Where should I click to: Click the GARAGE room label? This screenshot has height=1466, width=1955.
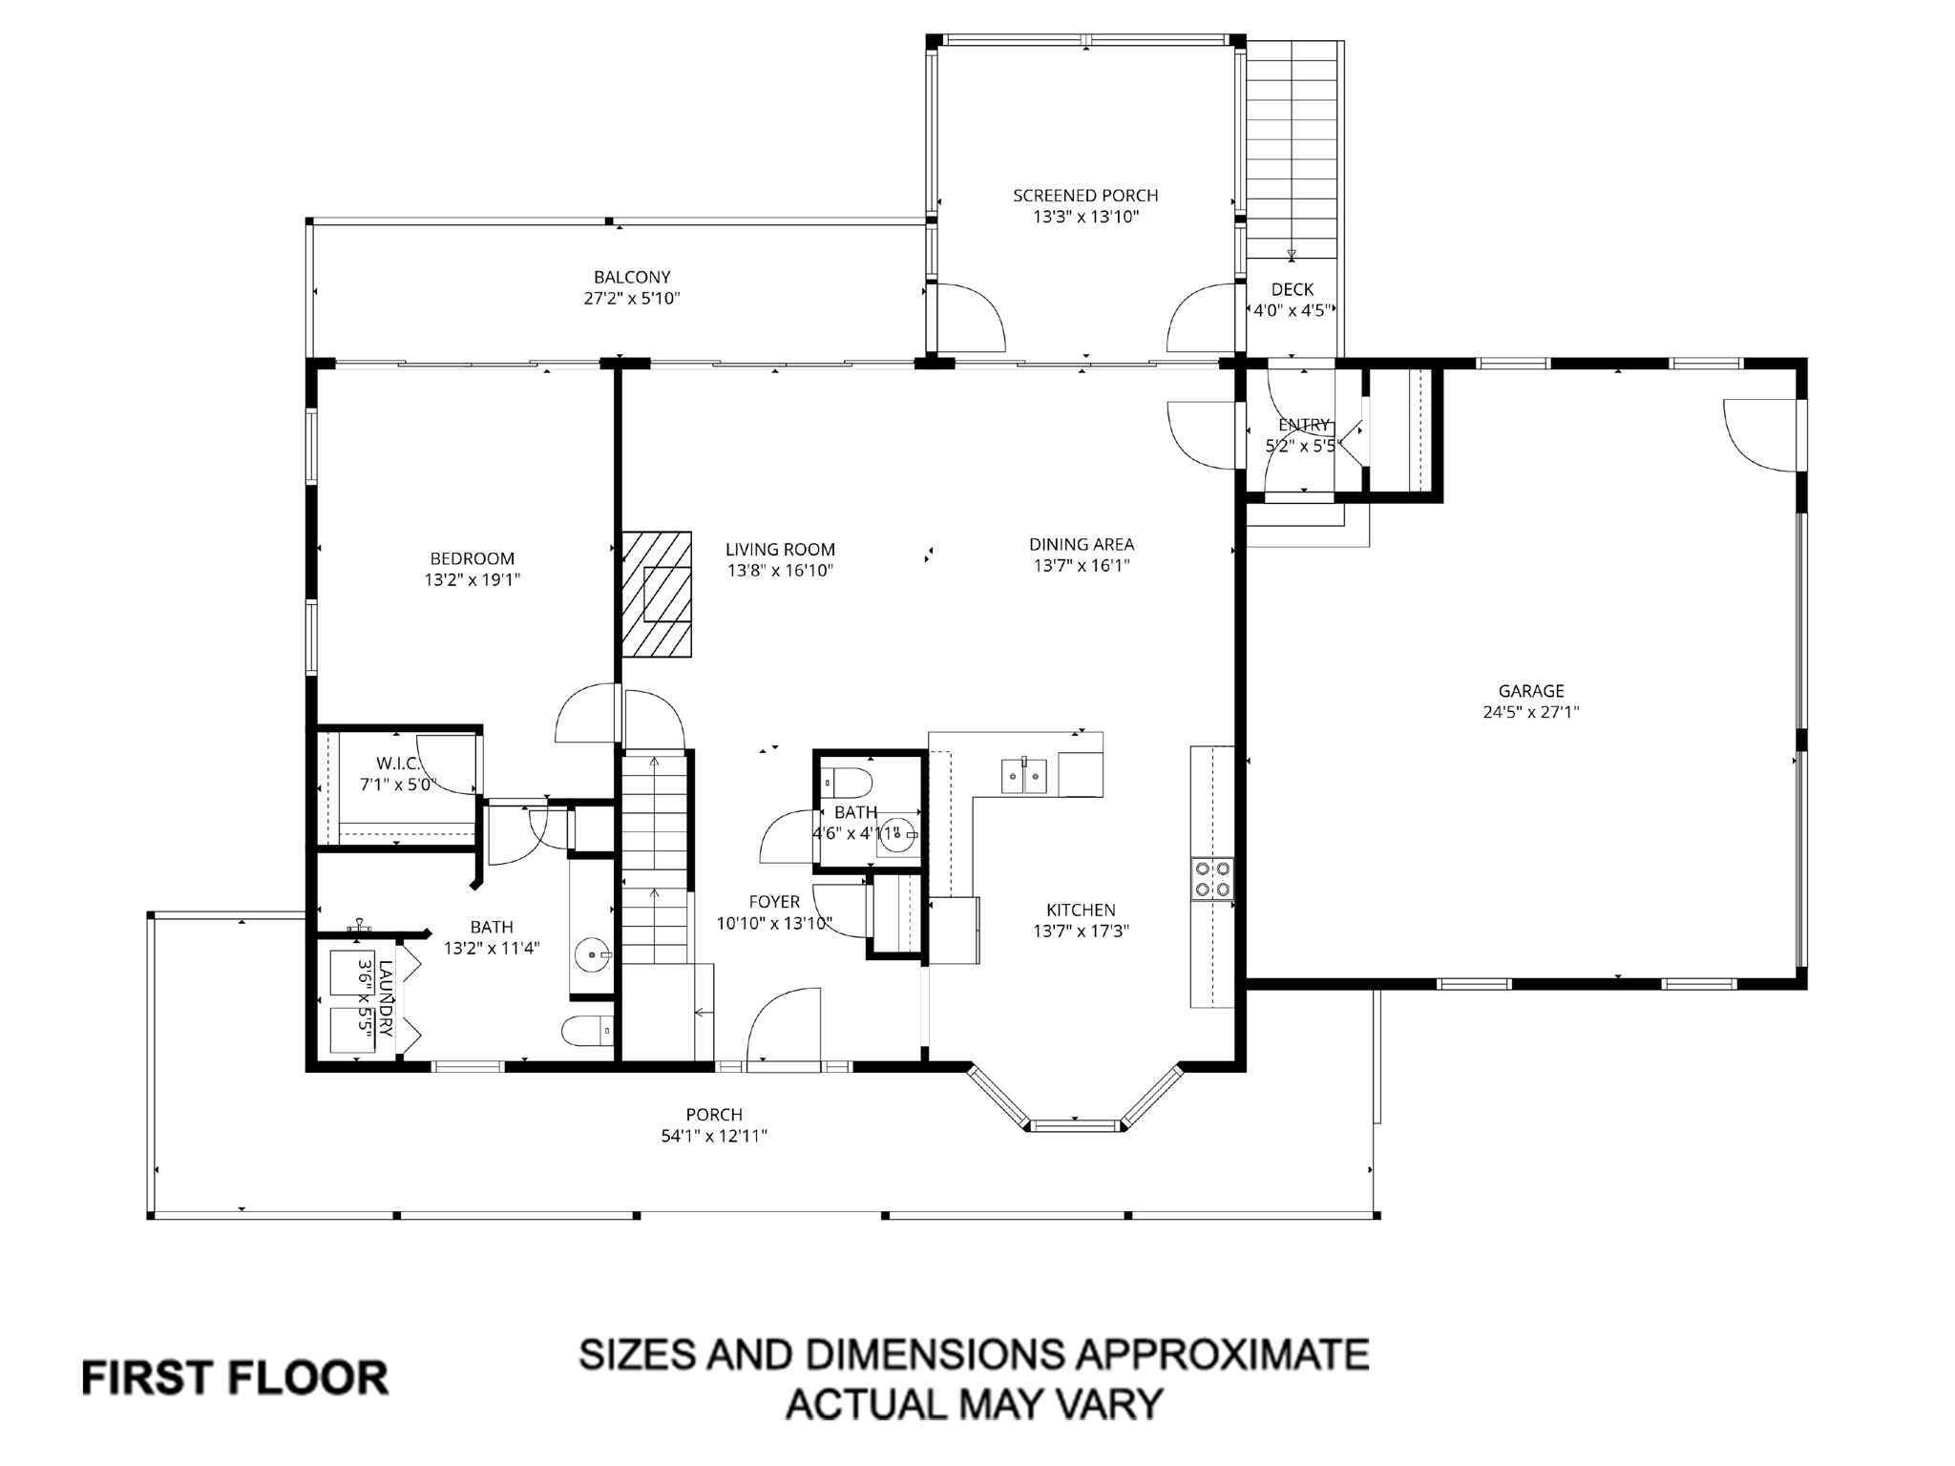(1531, 691)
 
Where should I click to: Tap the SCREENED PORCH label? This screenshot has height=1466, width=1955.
(1085, 196)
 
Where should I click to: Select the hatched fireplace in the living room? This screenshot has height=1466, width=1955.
(657, 594)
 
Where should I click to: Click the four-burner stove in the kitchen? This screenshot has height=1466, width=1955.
(1211, 879)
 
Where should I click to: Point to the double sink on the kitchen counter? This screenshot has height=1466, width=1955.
(1023, 776)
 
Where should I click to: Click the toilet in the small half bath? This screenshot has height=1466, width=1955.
(849, 783)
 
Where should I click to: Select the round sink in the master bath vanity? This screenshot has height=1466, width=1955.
(595, 953)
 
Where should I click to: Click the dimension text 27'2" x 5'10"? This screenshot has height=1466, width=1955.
(632, 299)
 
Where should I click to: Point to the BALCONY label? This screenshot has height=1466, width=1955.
(632, 278)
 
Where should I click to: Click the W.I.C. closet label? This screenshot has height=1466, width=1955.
(398, 764)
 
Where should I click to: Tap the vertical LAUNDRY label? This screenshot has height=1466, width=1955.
(385, 998)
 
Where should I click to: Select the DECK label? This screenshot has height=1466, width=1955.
(1293, 289)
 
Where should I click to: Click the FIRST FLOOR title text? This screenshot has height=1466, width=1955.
(235, 1378)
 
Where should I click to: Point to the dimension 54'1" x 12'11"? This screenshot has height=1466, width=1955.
(714, 1136)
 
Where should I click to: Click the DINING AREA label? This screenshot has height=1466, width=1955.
(1082, 545)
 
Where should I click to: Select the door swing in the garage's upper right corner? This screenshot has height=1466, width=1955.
(1761, 434)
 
